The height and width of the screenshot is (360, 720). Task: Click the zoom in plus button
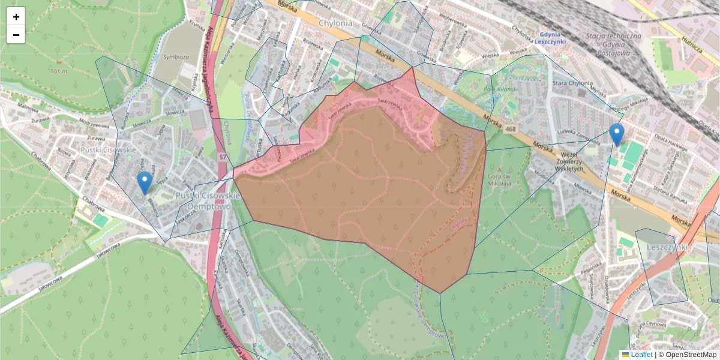[x=16, y=17]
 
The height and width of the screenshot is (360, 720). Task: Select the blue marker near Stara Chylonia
[x=616, y=134]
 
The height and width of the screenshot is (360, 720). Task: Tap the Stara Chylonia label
[x=572, y=83]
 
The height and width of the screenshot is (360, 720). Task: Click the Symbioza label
[x=176, y=58]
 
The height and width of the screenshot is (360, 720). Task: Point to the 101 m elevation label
[x=59, y=71]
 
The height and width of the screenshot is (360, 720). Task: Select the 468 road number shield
[x=510, y=128]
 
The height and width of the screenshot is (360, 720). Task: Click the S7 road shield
[x=223, y=157]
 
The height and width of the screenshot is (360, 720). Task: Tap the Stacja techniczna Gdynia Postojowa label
[x=613, y=44]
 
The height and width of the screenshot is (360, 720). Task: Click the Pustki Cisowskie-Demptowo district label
[x=208, y=201]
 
